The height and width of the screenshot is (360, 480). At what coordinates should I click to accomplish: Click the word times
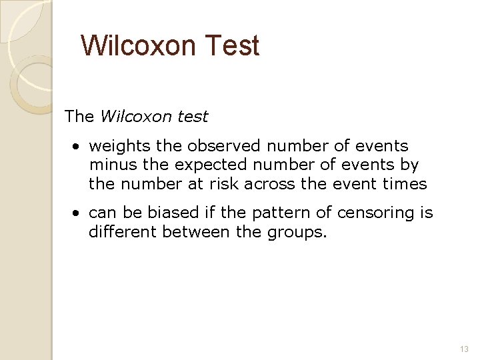coord(406,183)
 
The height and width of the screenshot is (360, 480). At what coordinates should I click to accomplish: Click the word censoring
coord(372,213)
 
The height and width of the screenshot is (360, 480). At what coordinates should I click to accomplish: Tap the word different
coord(121,231)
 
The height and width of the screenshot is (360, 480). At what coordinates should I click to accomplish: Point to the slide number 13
coord(465,349)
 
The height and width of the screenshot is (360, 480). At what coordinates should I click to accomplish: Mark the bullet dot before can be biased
coord(78,213)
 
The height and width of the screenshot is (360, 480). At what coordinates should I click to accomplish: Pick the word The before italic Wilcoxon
coord(79,117)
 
